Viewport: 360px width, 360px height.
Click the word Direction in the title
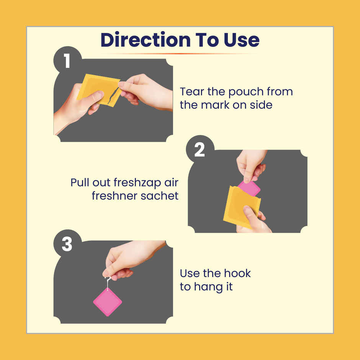click(145, 40)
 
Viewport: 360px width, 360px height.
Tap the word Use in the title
click(242, 40)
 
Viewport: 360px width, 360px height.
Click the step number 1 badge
click(67, 61)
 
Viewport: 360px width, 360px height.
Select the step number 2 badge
click(200, 149)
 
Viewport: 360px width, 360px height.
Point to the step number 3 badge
click(67, 244)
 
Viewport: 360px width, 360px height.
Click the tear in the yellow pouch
click(113, 95)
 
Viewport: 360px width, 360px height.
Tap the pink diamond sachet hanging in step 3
click(108, 302)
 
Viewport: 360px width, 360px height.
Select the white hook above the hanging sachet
click(108, 283)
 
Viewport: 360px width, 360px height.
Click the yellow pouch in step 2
click(241, 207)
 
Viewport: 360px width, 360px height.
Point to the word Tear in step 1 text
click(192, 92)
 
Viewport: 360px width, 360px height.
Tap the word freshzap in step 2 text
click(137, 183)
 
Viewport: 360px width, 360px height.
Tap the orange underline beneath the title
click(180, 54)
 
